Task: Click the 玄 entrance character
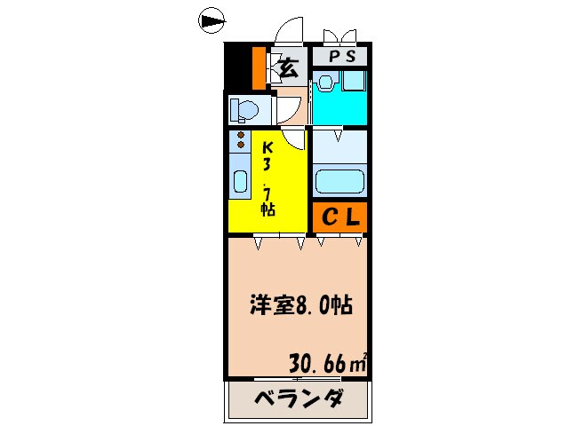[x=288, y=66]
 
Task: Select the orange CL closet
[x=339, y=217]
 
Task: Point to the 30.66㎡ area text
[x=328, y=363]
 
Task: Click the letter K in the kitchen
[x=266, y=149]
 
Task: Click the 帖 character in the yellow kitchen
[x=267, y=210]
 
